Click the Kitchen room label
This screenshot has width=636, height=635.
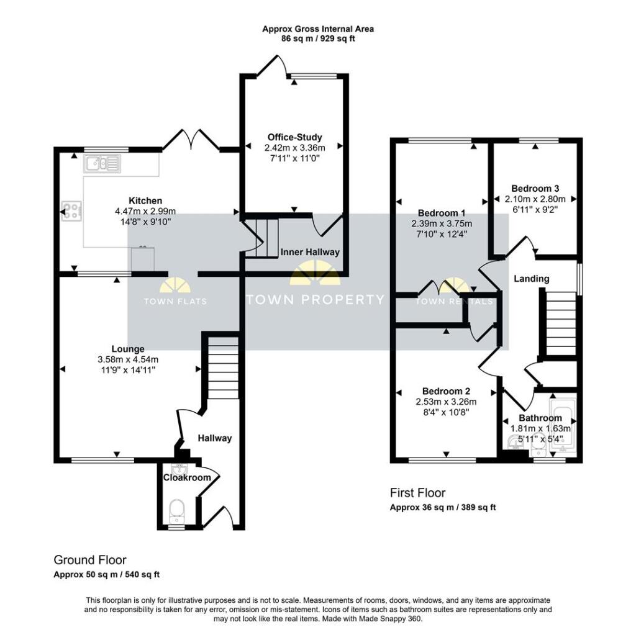tap(145, 200)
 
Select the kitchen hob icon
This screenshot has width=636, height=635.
tap(71, 211)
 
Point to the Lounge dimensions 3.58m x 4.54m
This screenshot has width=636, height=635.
tap(128, 359)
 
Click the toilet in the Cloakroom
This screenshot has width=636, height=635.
tap(177, 511)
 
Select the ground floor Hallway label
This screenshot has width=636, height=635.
tap(214, 438)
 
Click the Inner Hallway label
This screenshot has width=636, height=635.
tap(310, 251)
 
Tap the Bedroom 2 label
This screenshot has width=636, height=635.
tap(446, 391)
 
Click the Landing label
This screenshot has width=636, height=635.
tap(531, 279)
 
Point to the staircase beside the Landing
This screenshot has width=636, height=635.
tap(560, 323)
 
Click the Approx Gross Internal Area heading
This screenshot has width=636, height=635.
tap(318, 29)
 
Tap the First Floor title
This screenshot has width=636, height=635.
tap(417, 493)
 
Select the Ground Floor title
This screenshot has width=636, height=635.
tap(90, 560)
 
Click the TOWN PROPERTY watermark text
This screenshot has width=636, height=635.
tap(316, 300)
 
